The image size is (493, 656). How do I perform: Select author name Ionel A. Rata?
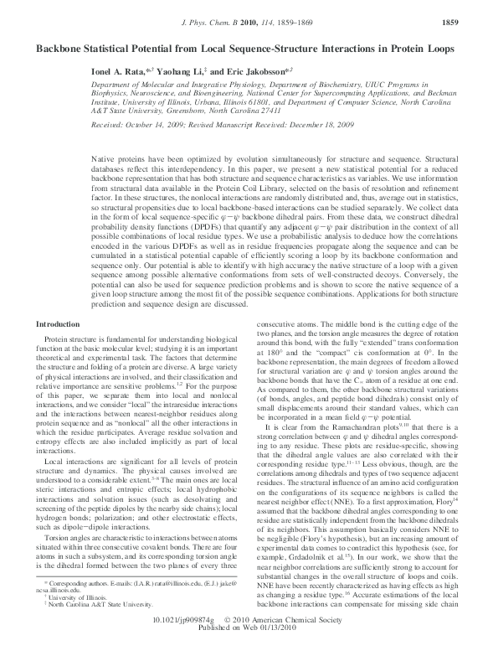click(123, 74)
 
